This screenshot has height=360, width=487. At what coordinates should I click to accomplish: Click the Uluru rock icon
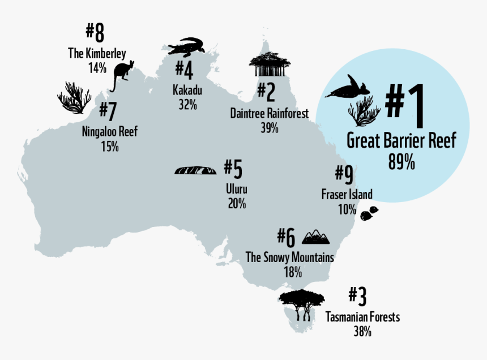pyautogui.click(x=195, y=170)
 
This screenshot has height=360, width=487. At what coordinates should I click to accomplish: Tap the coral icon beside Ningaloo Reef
pyautogui.click(x=74, y=97)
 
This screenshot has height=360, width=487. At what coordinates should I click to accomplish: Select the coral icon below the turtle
pyautogui.click(x=364, y=110)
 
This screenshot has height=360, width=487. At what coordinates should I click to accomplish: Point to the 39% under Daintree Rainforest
pyautogui.click(x=270, y=128)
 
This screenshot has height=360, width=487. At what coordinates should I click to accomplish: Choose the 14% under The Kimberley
pyautogui.click(x=97, y=68)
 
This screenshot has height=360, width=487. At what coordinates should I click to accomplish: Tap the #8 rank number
pyautogui.click(x=95, y=33)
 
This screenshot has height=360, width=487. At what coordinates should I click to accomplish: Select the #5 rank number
pyautogui.click(x=233, y=169)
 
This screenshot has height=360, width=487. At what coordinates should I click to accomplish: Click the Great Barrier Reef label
pyautogui.click(x=401, y=140)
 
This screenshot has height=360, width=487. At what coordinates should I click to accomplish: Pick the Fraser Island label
pyautogui.click(x=347, y=195)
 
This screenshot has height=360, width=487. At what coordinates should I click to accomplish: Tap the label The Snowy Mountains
pyautogui.click(x=289, y=258)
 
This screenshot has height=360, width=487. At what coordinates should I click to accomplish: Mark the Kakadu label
pyautogui.click(x=187, y=91)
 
